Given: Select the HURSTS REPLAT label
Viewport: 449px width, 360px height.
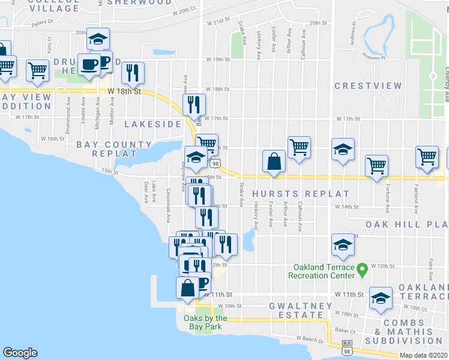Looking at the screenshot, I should [x=300, y=194].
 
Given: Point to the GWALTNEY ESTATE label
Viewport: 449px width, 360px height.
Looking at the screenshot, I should [x=300, y=310].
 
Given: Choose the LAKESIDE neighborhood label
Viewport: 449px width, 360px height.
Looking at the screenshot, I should [x=152, y=124].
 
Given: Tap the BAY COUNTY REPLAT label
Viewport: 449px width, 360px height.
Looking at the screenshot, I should [x=114, y=149].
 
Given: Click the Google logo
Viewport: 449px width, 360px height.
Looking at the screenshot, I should [x=20, y=352].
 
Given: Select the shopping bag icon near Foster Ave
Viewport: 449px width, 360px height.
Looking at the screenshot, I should [x=274, y=162].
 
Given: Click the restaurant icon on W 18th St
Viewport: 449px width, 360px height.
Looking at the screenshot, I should [x=133, y=73].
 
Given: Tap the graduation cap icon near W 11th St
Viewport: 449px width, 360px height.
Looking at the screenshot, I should [x=381, y=298].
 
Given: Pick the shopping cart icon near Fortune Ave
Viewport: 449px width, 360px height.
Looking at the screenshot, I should [x=376, y=165].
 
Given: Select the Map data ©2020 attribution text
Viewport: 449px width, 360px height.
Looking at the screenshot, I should [x=424, y=355].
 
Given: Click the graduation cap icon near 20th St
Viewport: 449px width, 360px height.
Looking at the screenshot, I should [x=98, y=40].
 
